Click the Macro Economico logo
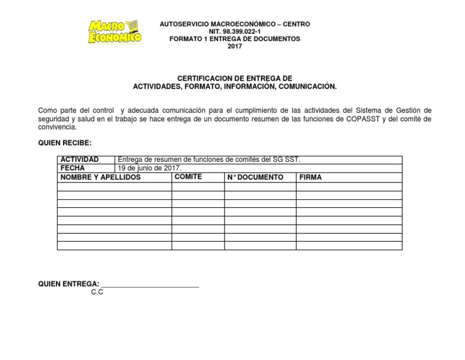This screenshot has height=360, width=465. pos(115,33)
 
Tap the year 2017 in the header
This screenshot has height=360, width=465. pos(234,47)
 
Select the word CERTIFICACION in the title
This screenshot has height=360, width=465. pos(203,79)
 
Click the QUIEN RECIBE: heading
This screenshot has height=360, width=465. pos(65,142)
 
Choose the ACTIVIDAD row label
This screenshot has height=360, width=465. pos(79,159)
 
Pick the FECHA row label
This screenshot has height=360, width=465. pos(72,168)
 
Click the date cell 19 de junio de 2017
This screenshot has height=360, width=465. pos(150,168)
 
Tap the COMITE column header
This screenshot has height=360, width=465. pos(188,176)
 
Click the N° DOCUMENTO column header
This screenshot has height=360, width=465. pos(255,177)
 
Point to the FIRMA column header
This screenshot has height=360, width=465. pos(311,177)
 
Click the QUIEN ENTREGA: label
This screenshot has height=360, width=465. pos(68,284)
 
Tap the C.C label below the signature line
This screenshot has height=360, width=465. pos(97,292)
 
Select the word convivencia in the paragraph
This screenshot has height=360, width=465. pos(56,128)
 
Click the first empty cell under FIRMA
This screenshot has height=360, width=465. pos(349,187)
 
